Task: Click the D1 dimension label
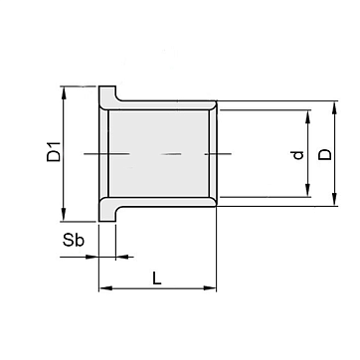tap(54, 151)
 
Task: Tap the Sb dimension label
tap(74, 241)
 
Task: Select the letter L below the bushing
tap(157, 277)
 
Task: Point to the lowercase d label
tap(298, 155)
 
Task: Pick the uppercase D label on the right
tap(325, 154)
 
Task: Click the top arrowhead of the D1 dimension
tap(64, 92)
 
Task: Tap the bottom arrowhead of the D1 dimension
tap(64, 215)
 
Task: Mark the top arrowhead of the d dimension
tap(308, 116)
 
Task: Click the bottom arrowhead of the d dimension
tap(308, 190)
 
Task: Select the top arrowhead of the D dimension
tap(334, 107)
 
